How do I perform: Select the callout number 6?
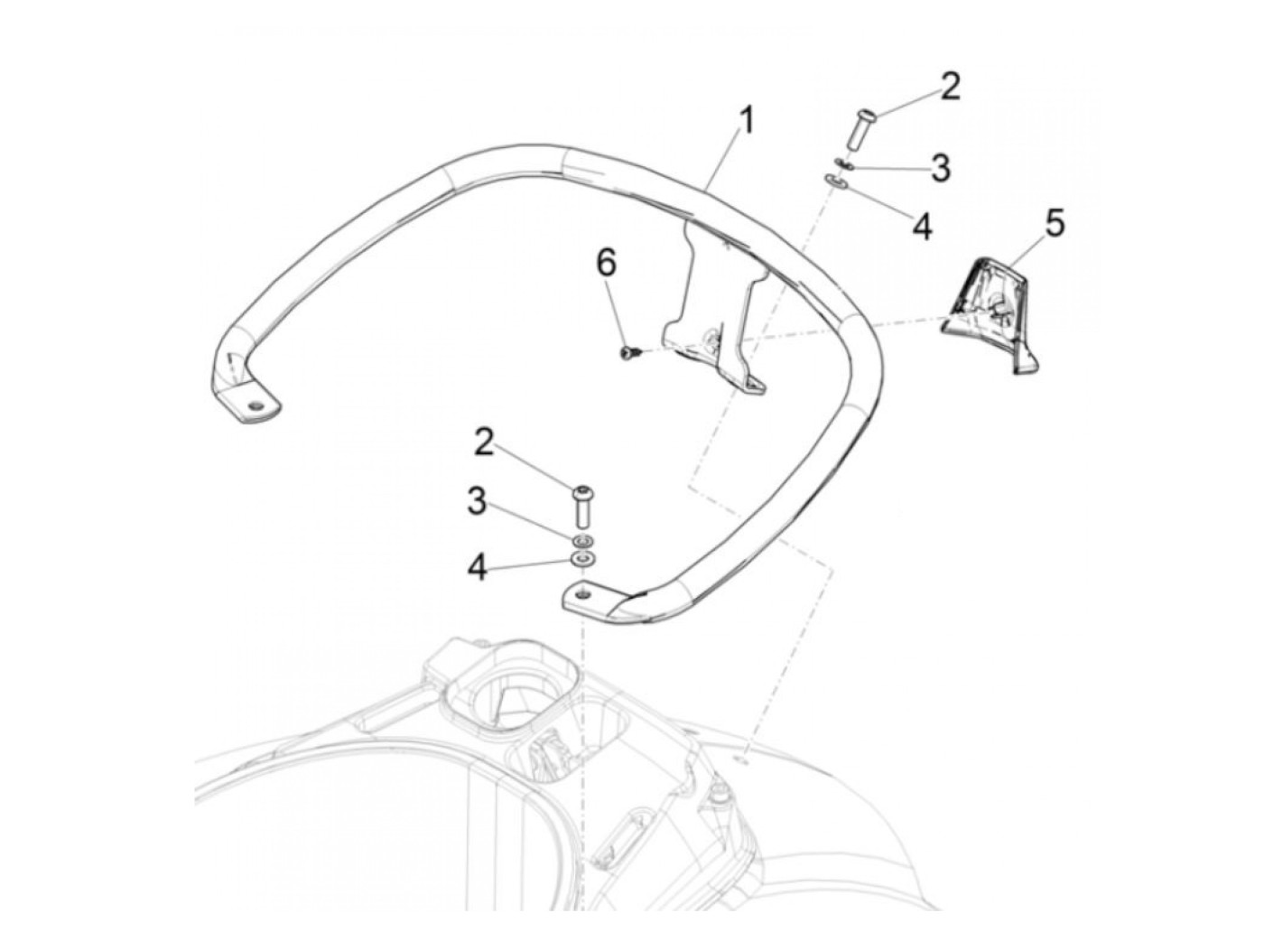click(x=607, y=263)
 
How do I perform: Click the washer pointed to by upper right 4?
click(x=833, y=181)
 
